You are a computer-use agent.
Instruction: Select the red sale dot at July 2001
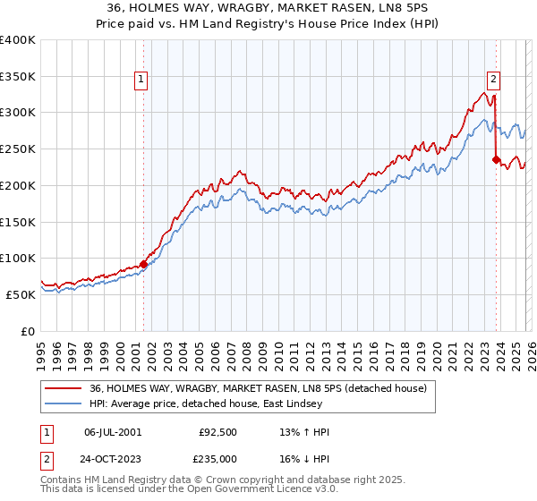point(143,264)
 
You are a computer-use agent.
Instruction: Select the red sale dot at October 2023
point(496,160)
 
